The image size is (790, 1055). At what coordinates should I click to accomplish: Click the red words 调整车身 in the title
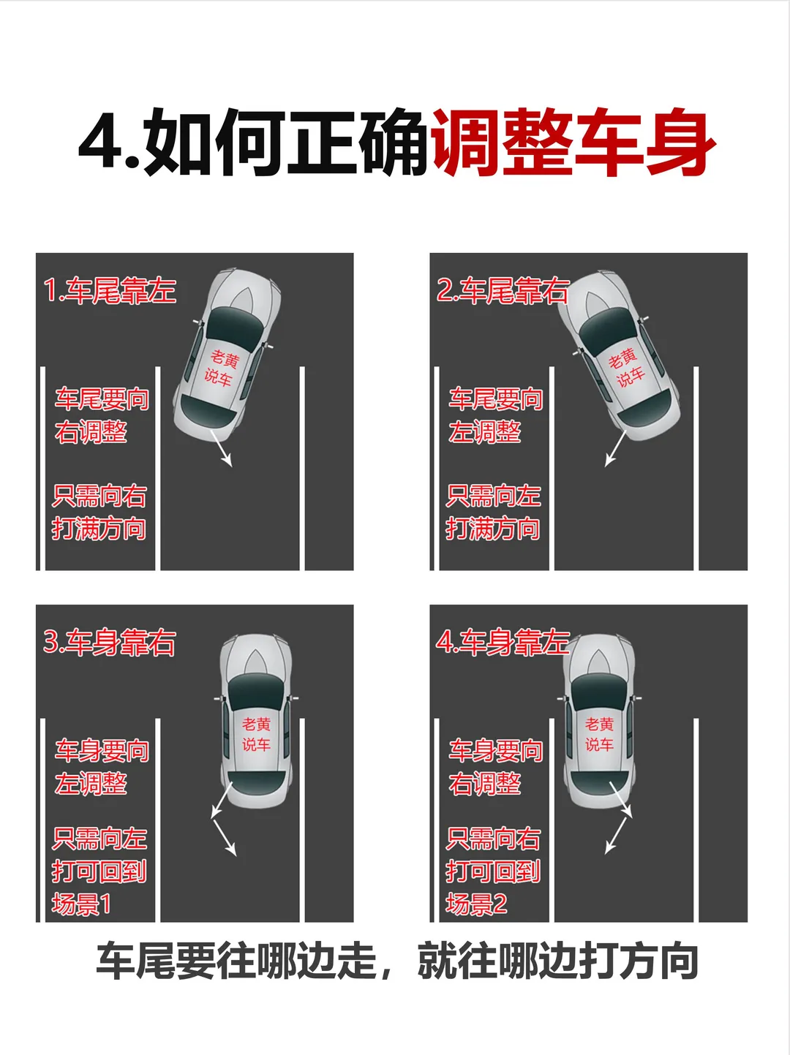[x=573, y=143]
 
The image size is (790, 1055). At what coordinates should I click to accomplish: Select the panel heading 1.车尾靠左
[x=110, y=290]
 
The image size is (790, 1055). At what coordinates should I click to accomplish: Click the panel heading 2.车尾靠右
[x=503, y=290]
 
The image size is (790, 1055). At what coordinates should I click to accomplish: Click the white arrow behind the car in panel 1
[x=221, y=448]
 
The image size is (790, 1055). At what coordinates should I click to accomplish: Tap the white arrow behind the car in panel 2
[x=615, y=448]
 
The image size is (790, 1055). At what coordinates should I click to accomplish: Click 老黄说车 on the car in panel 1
[x=221, y=368]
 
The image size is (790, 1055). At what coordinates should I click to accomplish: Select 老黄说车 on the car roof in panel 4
[x=599, y=735]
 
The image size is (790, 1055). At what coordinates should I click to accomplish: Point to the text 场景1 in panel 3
[x=81, y=904]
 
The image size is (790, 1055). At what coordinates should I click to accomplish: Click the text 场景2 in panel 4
[x=476, y=904]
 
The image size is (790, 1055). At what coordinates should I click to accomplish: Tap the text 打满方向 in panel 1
[x=99, y=529]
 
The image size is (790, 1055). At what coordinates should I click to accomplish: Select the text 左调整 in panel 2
[x=485, y=431]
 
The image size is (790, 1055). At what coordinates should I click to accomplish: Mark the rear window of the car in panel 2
[x=644, y=408]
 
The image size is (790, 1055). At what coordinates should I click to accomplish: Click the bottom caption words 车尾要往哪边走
[x=236, y=961]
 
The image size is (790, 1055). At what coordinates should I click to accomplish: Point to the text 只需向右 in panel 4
[x=493, y=839]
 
